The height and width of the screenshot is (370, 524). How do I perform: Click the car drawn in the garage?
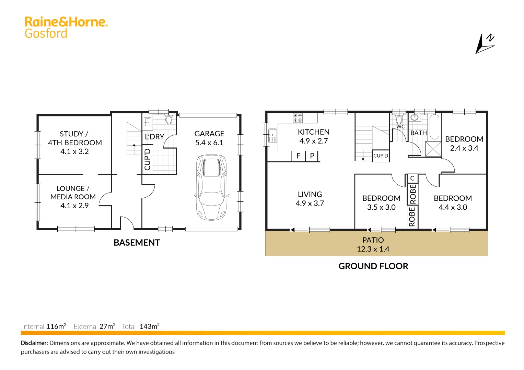point(211,187)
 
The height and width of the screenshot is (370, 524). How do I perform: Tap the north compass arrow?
point(484,45)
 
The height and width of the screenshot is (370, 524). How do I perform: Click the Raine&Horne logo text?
point(66,22)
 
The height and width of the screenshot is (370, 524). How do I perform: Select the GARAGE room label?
point(209,134)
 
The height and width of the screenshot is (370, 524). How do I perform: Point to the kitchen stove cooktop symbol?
point(298,118)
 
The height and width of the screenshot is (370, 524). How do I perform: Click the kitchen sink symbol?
point(272,135)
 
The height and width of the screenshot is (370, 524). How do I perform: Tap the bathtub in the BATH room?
point(434,127)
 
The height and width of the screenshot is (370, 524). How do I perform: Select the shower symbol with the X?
point(433,149)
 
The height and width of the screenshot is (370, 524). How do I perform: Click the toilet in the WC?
point(399,119)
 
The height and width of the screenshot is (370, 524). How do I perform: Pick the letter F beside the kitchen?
point(298,156)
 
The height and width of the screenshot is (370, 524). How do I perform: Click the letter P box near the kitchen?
point(312,156)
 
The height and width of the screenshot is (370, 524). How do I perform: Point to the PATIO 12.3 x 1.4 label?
point(373,245)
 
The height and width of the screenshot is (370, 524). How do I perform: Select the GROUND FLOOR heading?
point(373,266)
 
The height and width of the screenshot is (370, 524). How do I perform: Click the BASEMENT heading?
point(137,243)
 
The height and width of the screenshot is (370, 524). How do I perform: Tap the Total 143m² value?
point(149,326)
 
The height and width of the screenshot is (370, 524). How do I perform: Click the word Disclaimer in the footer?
point(34,343)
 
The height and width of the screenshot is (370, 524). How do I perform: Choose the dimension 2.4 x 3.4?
point(464,148)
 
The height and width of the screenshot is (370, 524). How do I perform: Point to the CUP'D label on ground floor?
point(381,156)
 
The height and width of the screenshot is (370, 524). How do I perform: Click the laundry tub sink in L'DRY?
point(148,122)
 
